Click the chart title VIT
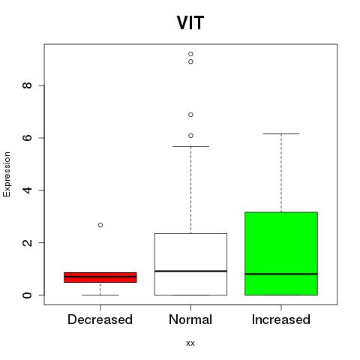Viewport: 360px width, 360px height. click(x=190, y=22)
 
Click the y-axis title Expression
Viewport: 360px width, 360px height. click(x=7, y=174)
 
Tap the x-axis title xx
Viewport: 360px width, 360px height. click(x=190, y=343)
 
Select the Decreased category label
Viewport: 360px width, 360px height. click(x=100, y=319)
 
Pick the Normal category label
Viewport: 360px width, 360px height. click(x=190, y=319)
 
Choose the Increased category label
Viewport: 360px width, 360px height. click(x=281, y=319)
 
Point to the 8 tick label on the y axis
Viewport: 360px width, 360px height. click(x=27, y=85)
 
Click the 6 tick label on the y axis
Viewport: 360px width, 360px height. click(x=27, y=138)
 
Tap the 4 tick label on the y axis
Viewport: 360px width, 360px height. click(x=27, y=190)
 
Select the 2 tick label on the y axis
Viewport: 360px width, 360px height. click(x=27, y=242)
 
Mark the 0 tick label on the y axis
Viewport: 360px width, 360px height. click(x=27, y=295)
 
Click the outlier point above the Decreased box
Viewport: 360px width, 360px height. click(x=100, y=225)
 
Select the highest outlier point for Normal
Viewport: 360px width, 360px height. click(x=190, y=54)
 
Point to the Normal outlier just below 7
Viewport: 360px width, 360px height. click(x=190, y=115)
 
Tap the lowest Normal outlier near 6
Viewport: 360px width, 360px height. click(x=190, y=136)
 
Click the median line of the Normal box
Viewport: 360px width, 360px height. click(x=190, y=271)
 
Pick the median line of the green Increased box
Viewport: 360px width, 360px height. click(x=281, y=274)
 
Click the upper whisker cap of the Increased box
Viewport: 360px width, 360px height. click(x=281, y=133)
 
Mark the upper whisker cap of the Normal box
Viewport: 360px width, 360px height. click(x=190, y=146)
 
